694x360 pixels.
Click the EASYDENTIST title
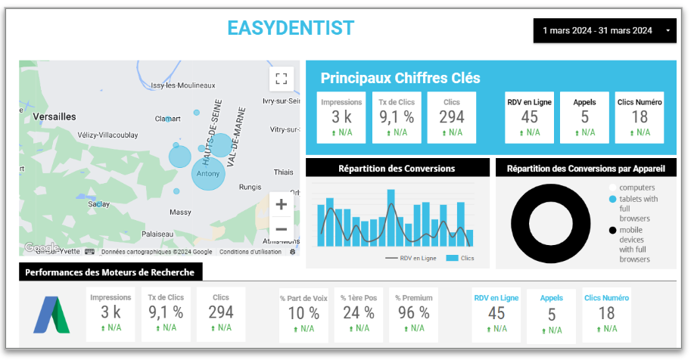coord(291,28)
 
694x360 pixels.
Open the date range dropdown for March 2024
coord(604,30)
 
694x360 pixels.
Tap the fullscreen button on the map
coord(281,79)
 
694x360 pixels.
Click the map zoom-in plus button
coord(281,204)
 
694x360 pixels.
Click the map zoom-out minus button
coord(281,229)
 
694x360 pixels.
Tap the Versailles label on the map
coord(54,116)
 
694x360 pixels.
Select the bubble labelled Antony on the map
coord(208,174)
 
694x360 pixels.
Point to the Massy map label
coord(180,213)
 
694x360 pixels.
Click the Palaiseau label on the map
coord(157,234)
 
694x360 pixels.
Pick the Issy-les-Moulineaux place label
coord(184,85)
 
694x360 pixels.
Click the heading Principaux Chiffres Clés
coord(400,78)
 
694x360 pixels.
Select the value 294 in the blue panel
coord(452,116)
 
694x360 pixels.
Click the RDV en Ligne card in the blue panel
coord(529,117)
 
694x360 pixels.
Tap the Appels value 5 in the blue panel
coord(584,116)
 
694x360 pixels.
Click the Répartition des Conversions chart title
coord(397,168)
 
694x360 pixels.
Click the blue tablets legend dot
coord(612,199)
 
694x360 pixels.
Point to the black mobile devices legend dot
coord(612,230)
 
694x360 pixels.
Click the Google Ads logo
coord(51,314)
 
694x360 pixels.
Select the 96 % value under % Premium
coord(413,312)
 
